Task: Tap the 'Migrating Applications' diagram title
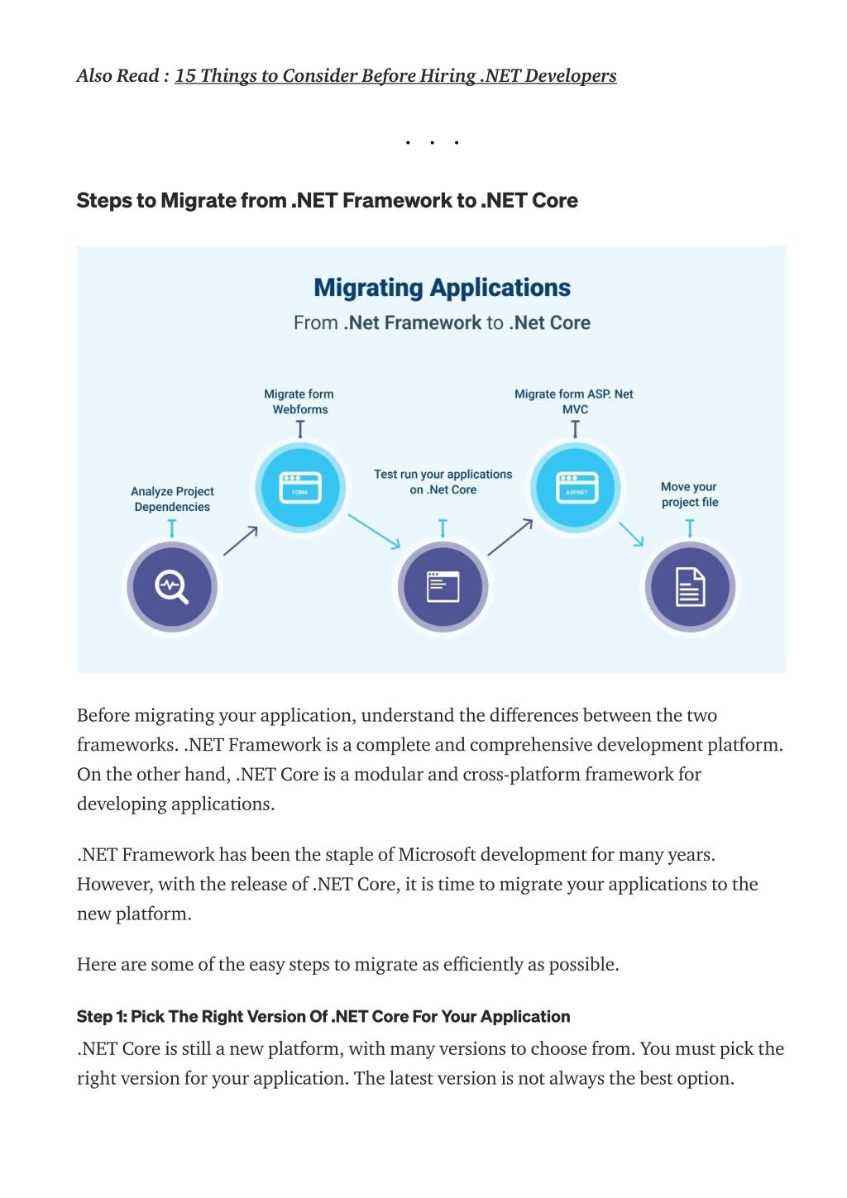(442, 287)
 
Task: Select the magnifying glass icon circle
(172, 586)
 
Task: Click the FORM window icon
(300, 487)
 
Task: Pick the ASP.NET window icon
(577, 487)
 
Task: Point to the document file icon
(690, 587)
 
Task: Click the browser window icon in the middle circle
(443, 586)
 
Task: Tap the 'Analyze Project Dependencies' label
(172, 499)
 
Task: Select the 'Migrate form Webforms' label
(299, 402)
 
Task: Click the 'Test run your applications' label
(443, 482)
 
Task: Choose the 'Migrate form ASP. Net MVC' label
(574, 402)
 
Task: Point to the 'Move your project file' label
(689, 494)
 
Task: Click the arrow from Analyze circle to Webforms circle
(240, 541)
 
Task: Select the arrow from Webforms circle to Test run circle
(374, 531)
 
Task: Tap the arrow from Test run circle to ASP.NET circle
(510, 537)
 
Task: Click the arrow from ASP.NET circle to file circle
(631, 534)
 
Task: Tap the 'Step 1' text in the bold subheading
(101, 1016)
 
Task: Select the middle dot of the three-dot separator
(432, 142)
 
